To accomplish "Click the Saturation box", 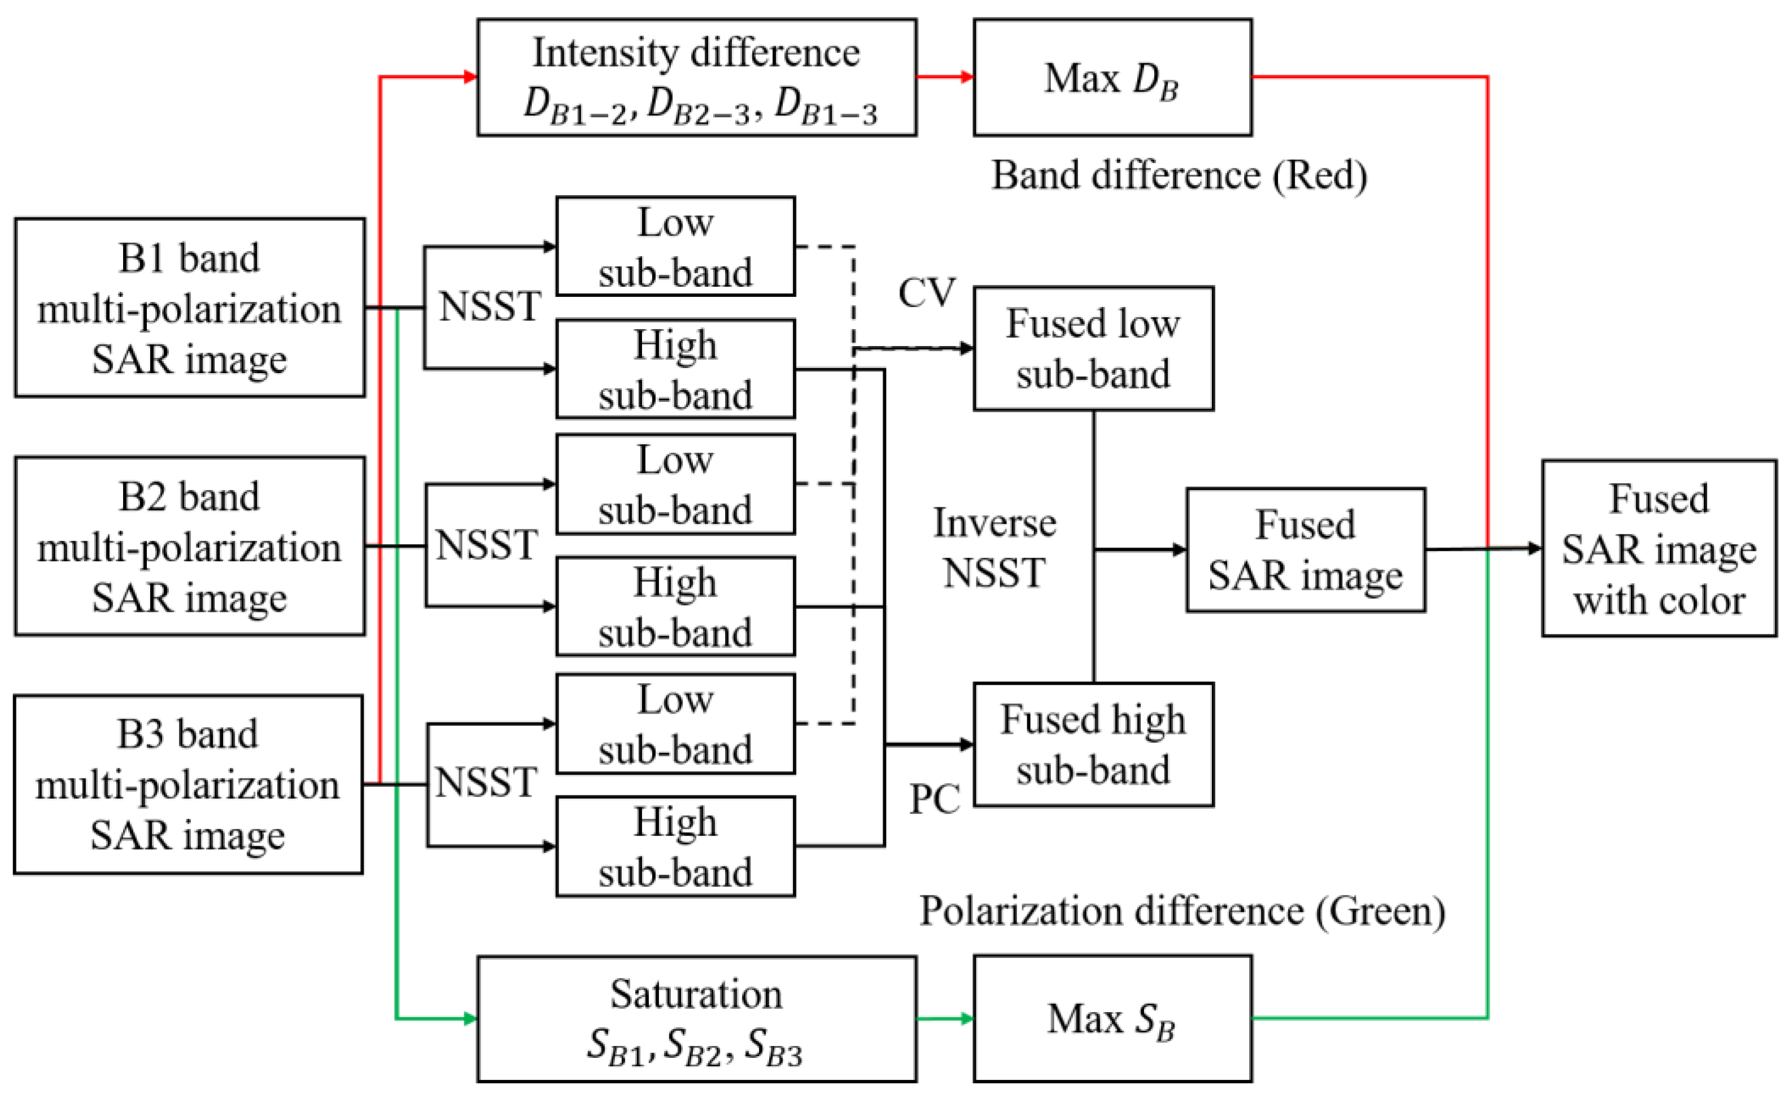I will click(x=696, y=1018).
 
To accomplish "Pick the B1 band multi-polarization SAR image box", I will click(x=190, y=308).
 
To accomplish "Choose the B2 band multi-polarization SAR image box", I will click(x=190, y=546).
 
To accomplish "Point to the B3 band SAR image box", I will click(x=188, y=784).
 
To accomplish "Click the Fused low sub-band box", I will click(x=1093, y=348).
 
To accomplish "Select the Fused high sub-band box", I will click(x=1093, y=744).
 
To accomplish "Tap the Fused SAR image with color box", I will click(x=1659, y=548).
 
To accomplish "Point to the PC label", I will click(x=935, y=799).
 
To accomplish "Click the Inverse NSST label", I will click(x=994, y=548).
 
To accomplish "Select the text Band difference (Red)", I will click(x=1179, y=176).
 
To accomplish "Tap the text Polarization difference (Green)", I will click(x=1182, y=911).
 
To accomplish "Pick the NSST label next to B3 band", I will click(x=486, y=782).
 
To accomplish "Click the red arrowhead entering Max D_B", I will click(x=966, y=76).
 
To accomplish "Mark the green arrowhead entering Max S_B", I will click(x=966, y=1018).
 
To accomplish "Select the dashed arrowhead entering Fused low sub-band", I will click(x=966, y=348).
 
